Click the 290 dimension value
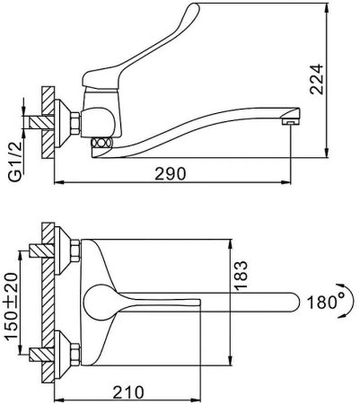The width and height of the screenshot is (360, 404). coord(170,173)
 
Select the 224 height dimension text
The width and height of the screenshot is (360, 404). coord(317,79)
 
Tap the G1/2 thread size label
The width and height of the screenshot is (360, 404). coord(15,162)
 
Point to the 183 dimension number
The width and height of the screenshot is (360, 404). coord(241,276)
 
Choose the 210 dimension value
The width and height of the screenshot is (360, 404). coord(128,392)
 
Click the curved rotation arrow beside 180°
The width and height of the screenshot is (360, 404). coord(347,302)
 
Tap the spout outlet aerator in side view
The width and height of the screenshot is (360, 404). coord(291,122)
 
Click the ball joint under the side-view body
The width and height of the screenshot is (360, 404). coord(102,142)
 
